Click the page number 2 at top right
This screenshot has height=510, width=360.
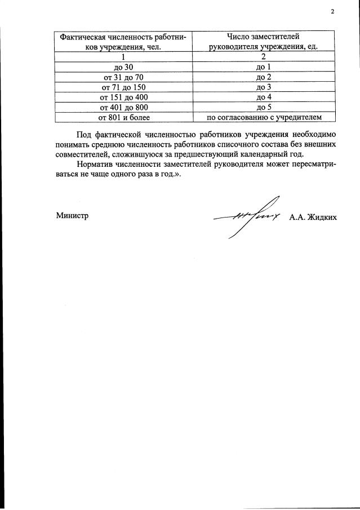tap(332, 12)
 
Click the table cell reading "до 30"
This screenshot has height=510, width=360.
tap(123, 67)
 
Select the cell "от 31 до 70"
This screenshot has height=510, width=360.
tap(123, 77)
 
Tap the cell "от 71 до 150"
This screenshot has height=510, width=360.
tap(123, 87)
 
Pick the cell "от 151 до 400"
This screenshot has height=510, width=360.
tap(123, 97)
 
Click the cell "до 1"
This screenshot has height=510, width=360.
tap(264, 67)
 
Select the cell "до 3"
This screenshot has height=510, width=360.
tap(264, 87)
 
